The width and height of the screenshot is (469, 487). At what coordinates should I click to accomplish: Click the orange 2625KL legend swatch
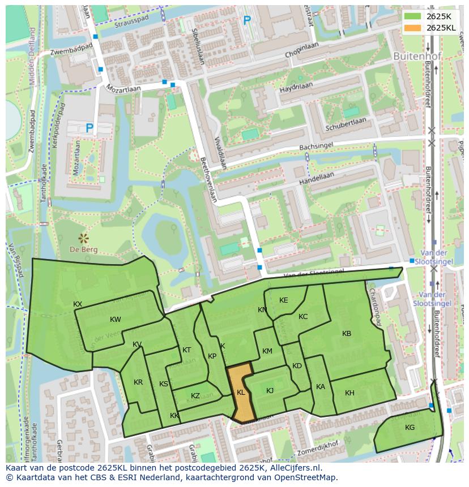412,28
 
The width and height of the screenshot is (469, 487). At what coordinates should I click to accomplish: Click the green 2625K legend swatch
412,16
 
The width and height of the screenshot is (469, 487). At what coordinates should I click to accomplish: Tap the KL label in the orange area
241,392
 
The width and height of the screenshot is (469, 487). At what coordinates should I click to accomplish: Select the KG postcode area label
410,428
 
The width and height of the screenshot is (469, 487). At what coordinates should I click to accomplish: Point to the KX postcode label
78,304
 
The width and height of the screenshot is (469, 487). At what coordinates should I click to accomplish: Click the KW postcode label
116,320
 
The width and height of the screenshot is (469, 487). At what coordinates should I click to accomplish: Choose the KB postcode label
347,334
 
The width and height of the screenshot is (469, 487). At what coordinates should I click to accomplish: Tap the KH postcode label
349,393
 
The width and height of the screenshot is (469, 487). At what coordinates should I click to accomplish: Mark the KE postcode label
284,300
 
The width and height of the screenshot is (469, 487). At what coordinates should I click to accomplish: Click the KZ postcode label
195,396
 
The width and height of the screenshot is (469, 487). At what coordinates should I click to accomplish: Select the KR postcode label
138,382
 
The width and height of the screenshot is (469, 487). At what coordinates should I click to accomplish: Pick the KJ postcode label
270,391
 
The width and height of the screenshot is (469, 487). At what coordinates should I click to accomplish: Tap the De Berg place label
84,249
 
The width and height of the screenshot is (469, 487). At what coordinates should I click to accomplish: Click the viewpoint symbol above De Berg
84,238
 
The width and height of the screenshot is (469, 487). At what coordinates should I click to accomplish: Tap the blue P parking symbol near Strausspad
247,21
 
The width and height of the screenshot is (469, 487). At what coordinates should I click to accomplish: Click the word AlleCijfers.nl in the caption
293,468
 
